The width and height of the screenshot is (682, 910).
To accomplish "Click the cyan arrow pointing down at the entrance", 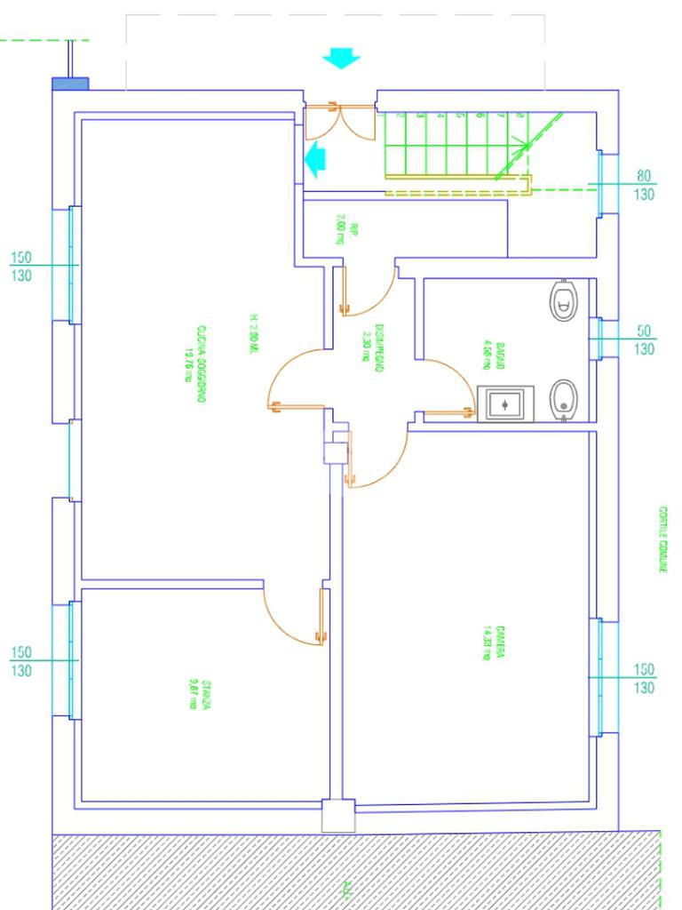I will [341, 60].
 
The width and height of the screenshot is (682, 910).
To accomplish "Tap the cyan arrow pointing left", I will [314, 160].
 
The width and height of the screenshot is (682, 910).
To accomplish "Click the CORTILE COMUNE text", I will [662, 539].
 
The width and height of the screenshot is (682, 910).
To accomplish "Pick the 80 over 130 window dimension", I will [645, 185].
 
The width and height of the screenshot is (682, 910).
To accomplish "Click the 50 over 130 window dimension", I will [645, 339].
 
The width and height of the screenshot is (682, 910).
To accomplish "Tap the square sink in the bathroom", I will [505, 404].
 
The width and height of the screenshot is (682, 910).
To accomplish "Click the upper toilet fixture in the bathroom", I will [562, 300].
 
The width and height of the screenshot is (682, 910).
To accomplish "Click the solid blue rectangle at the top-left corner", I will [71, 84].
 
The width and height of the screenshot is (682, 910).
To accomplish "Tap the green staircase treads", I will [453, 142].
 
